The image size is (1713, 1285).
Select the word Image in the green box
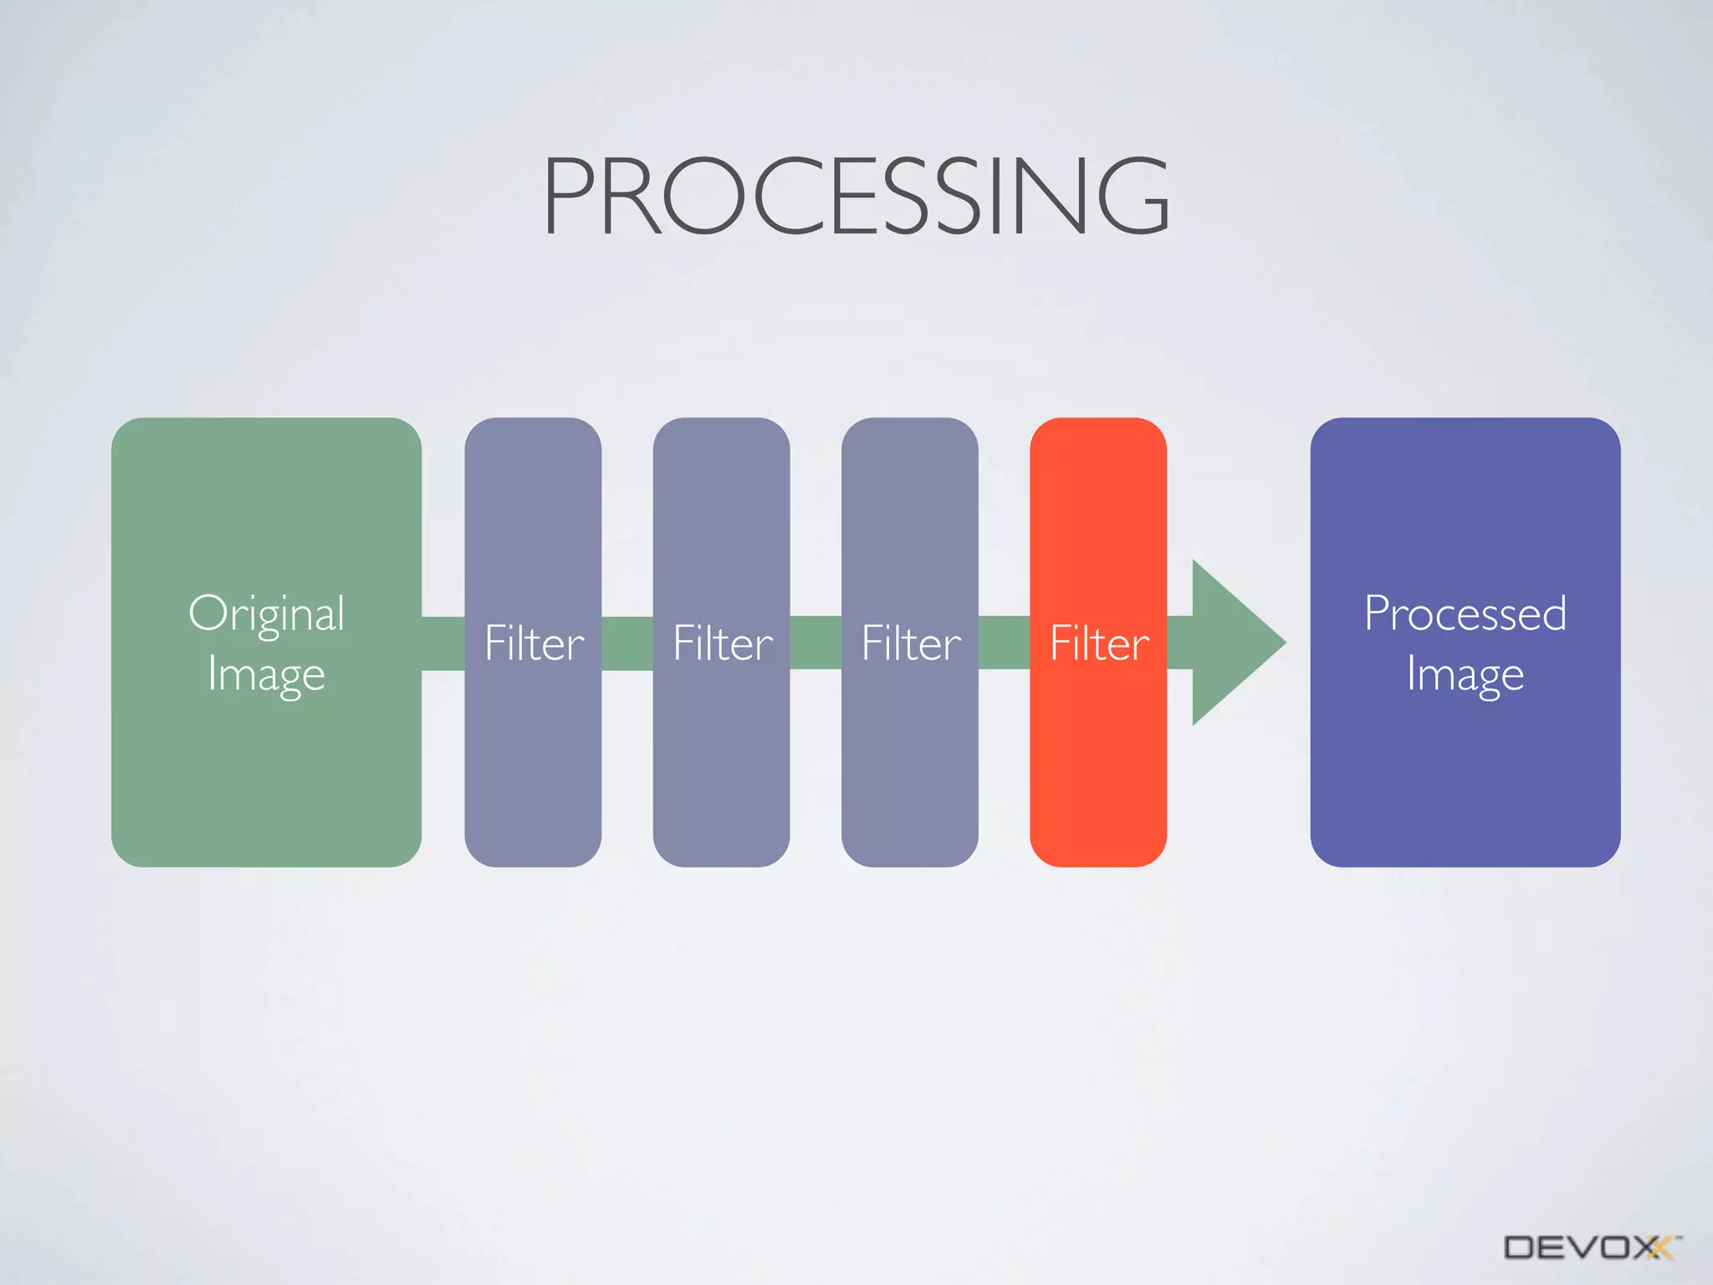pos(266,674)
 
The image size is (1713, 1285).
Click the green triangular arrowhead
pos(1234,642)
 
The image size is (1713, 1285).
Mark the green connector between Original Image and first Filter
pos(442,642)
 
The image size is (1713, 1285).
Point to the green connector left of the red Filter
pos(1004,642)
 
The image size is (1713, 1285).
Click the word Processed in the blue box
pos(1465,613)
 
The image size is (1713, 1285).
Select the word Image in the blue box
pos(1465,674)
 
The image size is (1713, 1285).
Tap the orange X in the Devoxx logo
pos(1659,1247)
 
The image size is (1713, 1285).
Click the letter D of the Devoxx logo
pos(1519,1247)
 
